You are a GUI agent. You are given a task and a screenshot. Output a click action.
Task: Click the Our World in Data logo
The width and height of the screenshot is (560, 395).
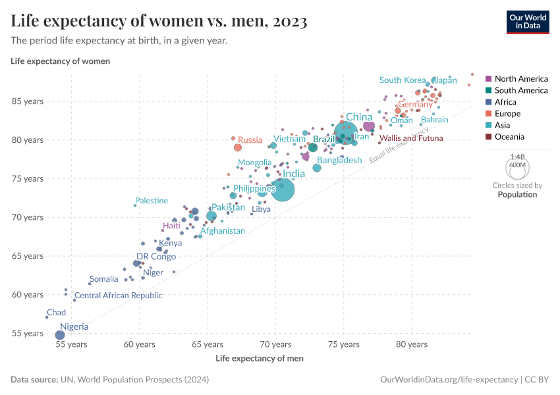(x=527, y=21)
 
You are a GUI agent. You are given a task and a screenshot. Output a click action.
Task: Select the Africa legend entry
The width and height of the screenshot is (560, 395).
(x=505, y=102)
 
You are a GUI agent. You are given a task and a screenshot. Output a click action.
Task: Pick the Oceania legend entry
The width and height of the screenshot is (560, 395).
(x=509, y=137)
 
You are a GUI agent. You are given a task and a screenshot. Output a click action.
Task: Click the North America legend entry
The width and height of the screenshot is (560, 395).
(x=520, y=78)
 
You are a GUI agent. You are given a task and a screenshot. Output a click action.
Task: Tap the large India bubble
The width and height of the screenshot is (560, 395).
(x=283, y=190)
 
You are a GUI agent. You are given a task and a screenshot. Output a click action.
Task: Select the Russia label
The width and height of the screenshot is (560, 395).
(x=250, y=140)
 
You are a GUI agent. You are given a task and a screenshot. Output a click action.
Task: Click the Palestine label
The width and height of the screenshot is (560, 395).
(x=152, y=201)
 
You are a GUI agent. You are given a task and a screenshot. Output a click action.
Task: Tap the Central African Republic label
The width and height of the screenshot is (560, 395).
(x=118, y=296)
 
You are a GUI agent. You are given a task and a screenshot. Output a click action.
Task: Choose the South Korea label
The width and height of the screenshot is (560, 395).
(x=403, y=80)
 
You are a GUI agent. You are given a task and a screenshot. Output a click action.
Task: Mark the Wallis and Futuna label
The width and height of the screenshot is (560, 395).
(x=411, y=138)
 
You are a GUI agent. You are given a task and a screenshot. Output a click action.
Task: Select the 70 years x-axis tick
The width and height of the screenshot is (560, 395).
(x=275, y=344)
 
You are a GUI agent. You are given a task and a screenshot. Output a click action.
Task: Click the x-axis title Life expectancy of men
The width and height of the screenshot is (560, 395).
(x=260, y=358)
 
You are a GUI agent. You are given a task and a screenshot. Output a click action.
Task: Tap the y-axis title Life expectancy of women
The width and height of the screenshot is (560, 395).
(x=61, y=61)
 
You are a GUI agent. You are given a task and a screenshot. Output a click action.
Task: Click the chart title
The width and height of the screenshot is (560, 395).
(x=159, y=22)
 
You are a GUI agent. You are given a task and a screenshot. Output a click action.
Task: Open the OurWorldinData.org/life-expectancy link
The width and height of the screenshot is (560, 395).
(x=449, y=380)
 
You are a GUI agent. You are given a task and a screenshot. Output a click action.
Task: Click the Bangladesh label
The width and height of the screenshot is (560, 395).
(x=339, y=160)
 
